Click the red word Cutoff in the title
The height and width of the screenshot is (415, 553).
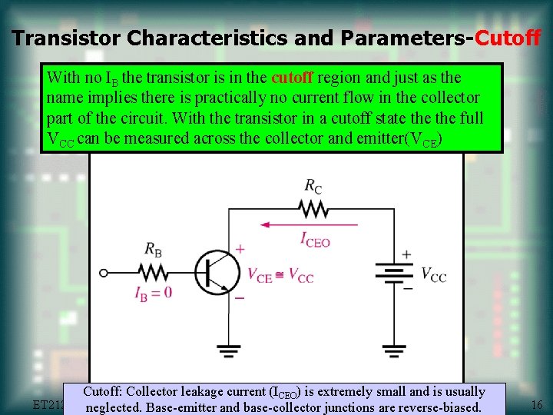[508, 38]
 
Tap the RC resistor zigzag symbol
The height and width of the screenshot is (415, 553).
[313, 209]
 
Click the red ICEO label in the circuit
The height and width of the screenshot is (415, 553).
[315, 239]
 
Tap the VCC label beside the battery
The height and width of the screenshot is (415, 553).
[433, 274]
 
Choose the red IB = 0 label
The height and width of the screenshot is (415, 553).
[153, 292]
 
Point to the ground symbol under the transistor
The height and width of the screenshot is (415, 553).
[228, 352]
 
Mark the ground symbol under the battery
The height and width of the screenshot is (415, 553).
[394, 352]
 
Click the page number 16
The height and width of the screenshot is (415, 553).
[537, 404]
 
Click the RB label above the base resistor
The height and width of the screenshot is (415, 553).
[154, 248]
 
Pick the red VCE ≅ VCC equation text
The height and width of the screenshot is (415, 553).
[280, 275]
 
